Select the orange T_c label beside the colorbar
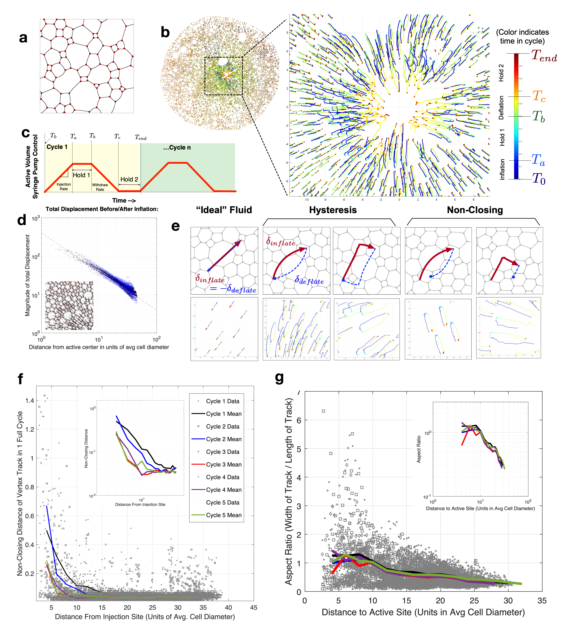click(x=539, y=96)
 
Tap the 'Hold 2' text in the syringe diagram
click(x=129, y=179)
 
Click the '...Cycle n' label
click(x=177, y=148)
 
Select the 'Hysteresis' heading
click(x=333, y=210)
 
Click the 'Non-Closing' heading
click(x=475, y=210)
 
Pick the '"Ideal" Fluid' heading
click(x=224, y=210)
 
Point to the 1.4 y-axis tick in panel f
click(x=30, y=401)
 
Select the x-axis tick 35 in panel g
click(x=542, y=601)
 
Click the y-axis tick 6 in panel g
click(x=299, y=420)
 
